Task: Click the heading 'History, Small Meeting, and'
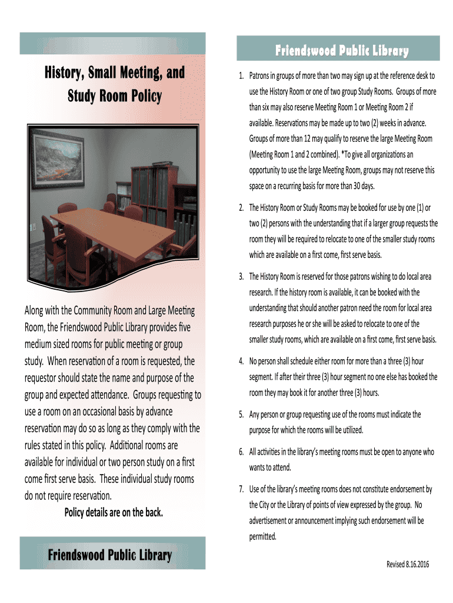pos(115,73)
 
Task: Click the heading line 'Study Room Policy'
pos(115,96)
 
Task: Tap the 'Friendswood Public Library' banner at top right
pos(338,51)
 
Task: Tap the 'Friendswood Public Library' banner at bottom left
pos(110,555)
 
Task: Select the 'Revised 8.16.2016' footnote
pos(408,564)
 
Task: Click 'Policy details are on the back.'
pos(113,512)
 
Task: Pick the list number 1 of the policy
pos(241,76)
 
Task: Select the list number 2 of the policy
pos(241,208)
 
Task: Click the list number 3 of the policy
pos(241,276)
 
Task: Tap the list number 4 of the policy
pos(241,361)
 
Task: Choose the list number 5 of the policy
pos(241,414)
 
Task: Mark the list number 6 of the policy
pos(241,452)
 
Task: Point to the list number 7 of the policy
pos(241,489)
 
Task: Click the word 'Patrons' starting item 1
pos(261,76)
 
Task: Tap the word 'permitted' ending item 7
pos(262,536)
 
